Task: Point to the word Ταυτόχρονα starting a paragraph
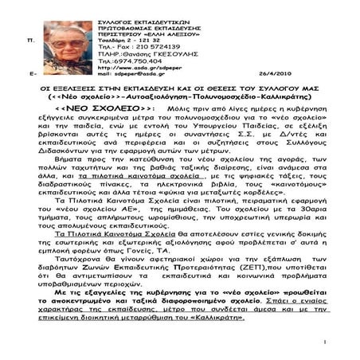tap(77, 276)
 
